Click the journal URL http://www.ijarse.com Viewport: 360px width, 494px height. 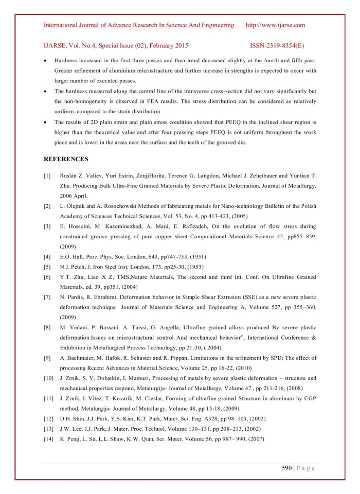276,25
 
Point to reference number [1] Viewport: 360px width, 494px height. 47,177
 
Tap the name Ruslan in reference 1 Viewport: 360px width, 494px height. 70,177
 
